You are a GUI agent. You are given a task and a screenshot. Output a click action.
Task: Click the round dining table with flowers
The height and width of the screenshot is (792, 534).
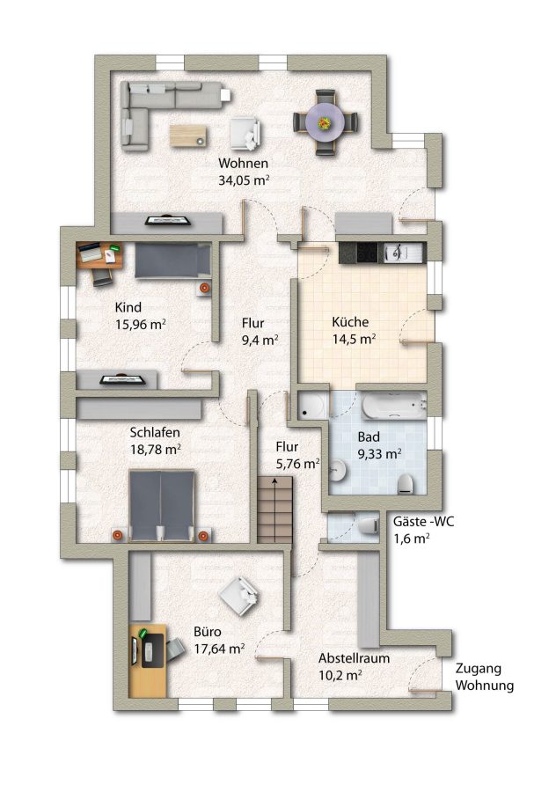coord(326,122)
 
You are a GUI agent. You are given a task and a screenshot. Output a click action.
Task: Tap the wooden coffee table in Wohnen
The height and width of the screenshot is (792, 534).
coord(187,135)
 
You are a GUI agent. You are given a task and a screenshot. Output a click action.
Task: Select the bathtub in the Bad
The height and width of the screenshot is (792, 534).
coord(394,405)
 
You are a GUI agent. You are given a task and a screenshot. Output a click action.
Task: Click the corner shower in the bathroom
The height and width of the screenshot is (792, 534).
coord(313,406)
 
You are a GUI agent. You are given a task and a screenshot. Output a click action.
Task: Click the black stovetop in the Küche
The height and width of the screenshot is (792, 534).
coord(367,252)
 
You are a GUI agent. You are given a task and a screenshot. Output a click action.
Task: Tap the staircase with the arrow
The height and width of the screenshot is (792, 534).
coord(274,510)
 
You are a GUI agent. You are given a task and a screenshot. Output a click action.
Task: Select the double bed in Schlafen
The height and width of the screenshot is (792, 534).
coord(162,506)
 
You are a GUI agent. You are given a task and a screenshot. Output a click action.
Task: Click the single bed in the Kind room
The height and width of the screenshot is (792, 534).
coord(172,260)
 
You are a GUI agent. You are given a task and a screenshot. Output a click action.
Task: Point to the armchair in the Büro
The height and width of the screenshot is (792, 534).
coord(240,596)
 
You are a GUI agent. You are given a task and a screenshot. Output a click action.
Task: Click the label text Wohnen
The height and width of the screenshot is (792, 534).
coord(243,163)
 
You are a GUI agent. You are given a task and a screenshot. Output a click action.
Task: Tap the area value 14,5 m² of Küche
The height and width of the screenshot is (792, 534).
coord(354,339)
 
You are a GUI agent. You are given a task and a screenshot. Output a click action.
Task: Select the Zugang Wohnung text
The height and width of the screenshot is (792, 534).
coord(485,677)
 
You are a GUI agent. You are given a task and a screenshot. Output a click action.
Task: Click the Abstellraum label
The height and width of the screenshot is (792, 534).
coord(354,658)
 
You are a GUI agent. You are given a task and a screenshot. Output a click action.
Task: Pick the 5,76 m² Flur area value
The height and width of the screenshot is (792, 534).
coord(297,464)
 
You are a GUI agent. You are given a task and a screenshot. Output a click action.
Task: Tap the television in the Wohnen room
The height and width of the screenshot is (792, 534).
coord(168,220)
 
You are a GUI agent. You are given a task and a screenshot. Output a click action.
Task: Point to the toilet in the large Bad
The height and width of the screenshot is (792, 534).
coord(406,484)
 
